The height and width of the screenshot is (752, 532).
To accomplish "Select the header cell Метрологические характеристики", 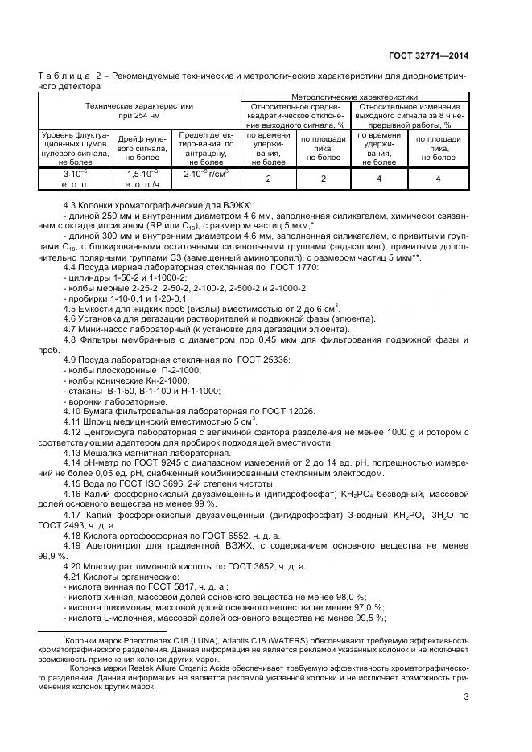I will [x=354, y=97].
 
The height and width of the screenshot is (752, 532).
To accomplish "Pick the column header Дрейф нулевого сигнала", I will [x=143, y=145].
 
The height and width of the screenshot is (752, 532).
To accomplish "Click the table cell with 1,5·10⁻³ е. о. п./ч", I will [x=143, y=179].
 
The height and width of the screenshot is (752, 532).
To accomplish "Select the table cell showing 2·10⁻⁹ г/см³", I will [x=205, y=174].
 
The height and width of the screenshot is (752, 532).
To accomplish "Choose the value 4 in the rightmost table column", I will [x=438, y=179].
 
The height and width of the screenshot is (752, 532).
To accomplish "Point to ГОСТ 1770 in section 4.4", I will [x=299, y=266].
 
